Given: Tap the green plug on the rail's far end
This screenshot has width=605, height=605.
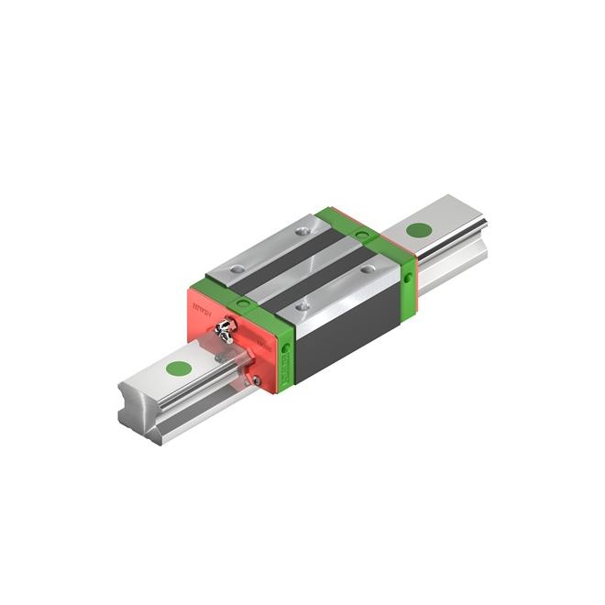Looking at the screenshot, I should click(419, 230).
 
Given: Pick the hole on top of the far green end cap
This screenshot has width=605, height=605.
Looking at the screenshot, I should click(364, 236).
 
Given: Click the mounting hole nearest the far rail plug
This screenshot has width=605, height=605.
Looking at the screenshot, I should click(369, 269).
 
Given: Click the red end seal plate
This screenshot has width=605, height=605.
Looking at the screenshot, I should click(206, 307).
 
